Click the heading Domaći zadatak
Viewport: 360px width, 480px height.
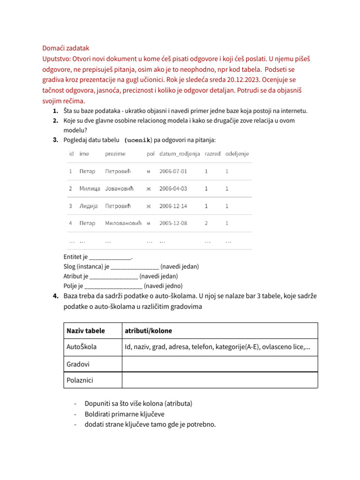pyautogui.click(x=66, y=48)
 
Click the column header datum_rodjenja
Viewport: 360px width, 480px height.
pyautogui.click(x=180, y=154)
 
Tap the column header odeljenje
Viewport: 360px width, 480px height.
pyautogui.click(x=237, y=154)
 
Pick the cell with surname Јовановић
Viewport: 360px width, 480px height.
pyautogui.click(x=119, y=188)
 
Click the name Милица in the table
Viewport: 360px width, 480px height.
pyautogui.click(x=90, y=188)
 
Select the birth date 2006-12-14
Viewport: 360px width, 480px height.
pyautogui.click(x=173, y=206)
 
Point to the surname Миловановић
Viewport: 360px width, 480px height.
pyautogui.click(x=123, y=223)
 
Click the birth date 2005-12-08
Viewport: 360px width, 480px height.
pyautogui.click(x=173, y=223)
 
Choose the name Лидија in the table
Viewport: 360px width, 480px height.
pyautogui.click(x=89, y=206)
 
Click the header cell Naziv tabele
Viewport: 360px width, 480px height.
pyautogui.click(x=86, y=331)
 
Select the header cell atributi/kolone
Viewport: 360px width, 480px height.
pyautogui.click(x=148, y=331)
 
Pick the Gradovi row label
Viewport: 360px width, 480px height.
pyautogui.click(x=78, y=364)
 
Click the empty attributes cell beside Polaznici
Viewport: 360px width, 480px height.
pyautogui.click(x=219, y=380)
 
